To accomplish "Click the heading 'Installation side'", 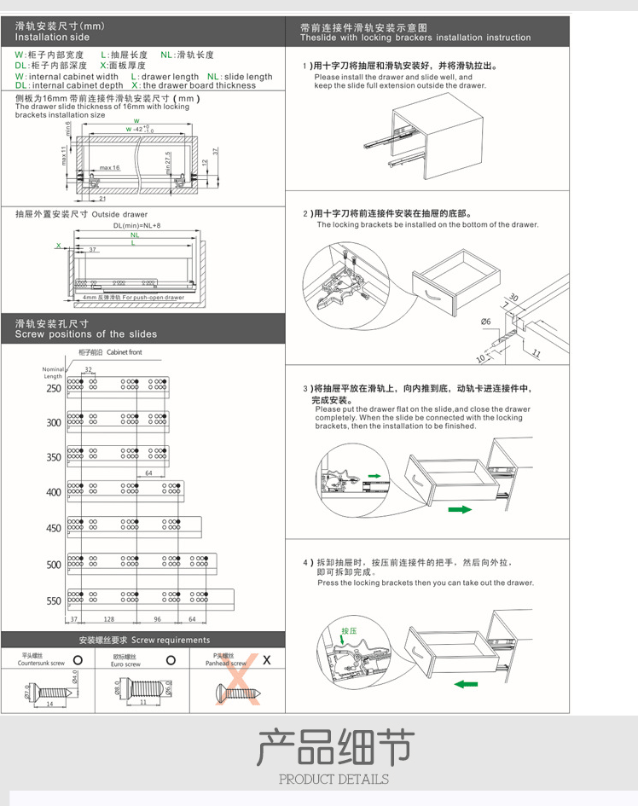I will (x=52, y=38).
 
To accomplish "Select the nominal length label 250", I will (x=54, y=388).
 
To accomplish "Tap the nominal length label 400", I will (x=54, y=492).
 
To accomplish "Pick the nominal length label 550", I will (x=54, y=600).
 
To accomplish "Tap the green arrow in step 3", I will (x=460, y=509).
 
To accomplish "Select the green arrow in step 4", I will (x=465, y=682).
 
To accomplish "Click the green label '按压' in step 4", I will (x=349, y=631).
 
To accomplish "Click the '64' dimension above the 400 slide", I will (x=148, y=473).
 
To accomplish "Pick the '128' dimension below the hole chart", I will (x=108, y=619).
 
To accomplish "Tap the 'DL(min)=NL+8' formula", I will (x=137, y=226).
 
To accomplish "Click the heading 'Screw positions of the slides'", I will (x=85, y=334).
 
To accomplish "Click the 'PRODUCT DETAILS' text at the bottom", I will (x=333, y=779).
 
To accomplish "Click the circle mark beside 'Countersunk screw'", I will (x=78, y=659).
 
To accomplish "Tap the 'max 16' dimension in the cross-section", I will (x=109, y=168).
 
